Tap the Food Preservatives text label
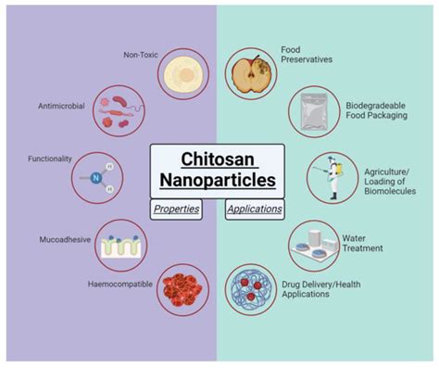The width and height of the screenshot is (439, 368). [x=310, y=55]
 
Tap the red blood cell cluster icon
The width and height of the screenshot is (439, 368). [x=182, y=287]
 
